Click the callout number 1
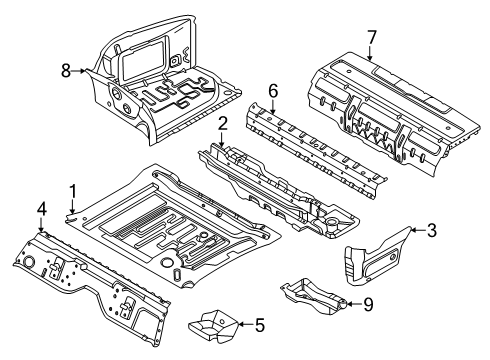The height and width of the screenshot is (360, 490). [x=72, y=190]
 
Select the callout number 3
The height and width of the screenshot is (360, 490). [x=431, y=230]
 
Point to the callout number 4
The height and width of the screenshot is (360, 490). [x=40, y=209]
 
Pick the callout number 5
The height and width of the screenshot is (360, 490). [x=260, y=323]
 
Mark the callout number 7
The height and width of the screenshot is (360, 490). [x=371, y=38]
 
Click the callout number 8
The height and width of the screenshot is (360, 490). [x=66, y=70]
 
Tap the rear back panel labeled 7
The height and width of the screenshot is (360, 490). [x=390, y=100]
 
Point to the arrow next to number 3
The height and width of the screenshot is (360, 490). [x=415, y=231]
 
